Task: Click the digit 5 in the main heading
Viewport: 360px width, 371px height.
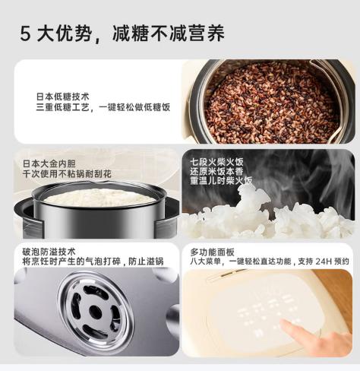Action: point(27,33)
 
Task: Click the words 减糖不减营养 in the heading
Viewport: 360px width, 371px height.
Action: point(168,33)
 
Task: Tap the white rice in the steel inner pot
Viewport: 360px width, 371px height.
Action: point(99,198)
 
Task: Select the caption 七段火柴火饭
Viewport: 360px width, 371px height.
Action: point(216,162)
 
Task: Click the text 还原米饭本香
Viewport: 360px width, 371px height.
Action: point(216,173)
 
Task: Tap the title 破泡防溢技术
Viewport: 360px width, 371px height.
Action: point(49,252)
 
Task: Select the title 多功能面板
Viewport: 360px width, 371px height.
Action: point(211,252)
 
